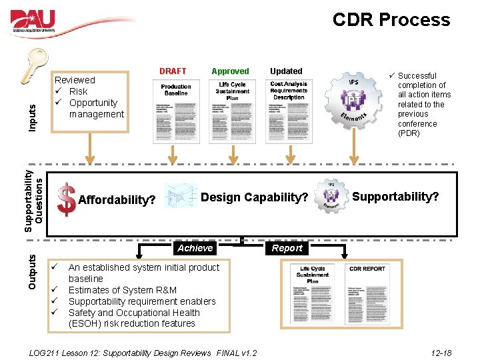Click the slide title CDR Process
tap(391, 20)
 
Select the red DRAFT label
tap(173, 71)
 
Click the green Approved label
tap(230, 71)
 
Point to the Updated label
tap(286, 71)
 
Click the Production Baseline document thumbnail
tap(175, 111)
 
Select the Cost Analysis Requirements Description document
tap(289, 111)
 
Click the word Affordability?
tap(117, 200)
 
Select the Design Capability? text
tap(254, 197)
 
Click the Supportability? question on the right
tap(395, 197)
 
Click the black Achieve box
tap(195, 248)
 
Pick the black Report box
tap(287, 248)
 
